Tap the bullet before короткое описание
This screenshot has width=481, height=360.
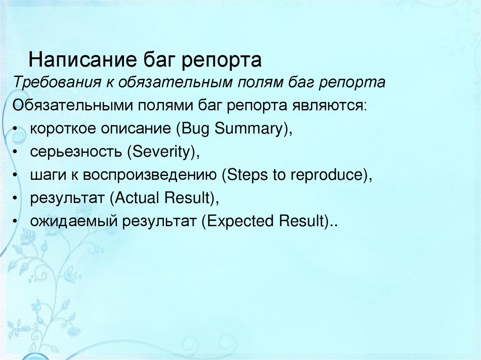point(16,129)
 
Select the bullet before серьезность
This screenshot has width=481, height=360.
point(16,152)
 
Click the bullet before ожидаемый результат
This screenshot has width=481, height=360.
point(16,221)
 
